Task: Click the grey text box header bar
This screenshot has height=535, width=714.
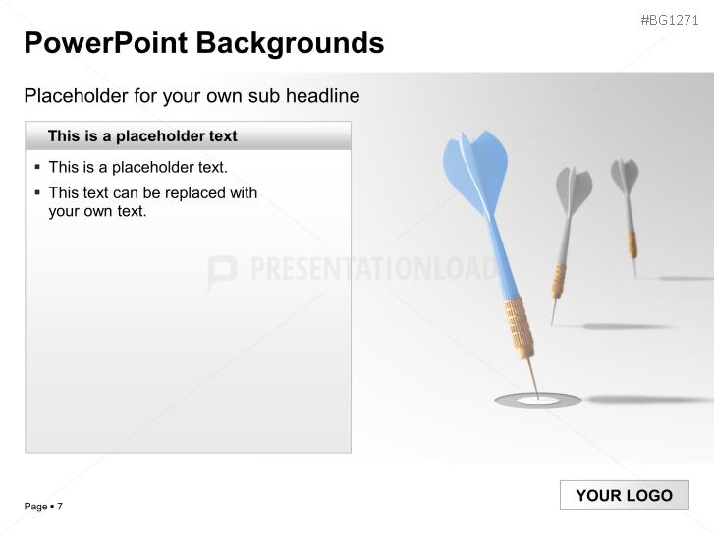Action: coord(188,136)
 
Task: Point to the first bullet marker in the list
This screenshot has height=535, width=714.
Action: coord(37,167)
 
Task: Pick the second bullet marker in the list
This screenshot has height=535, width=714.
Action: coord(37,193)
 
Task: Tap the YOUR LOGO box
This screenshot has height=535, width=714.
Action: coord(624,496)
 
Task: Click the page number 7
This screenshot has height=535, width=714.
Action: coord(60,507)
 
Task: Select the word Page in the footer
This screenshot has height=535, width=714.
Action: coord(35,507)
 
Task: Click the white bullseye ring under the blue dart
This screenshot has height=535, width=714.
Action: coord(537,401)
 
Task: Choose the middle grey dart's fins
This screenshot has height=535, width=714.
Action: coord(574,191)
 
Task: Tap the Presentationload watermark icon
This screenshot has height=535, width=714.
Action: coord(222,272)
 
